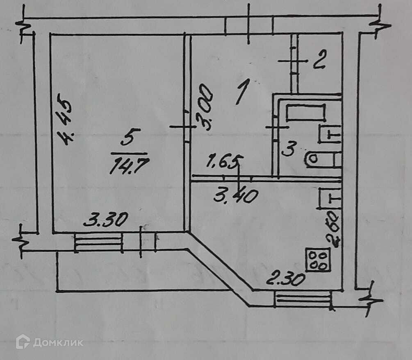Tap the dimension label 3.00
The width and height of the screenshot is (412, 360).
(205, 107)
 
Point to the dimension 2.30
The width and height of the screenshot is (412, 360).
(286, 280)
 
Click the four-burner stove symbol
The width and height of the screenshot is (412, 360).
(318, 260)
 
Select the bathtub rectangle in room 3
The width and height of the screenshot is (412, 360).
(305, 112)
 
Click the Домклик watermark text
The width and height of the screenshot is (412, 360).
(58, 342)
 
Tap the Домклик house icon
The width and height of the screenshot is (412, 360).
(23, 342)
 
